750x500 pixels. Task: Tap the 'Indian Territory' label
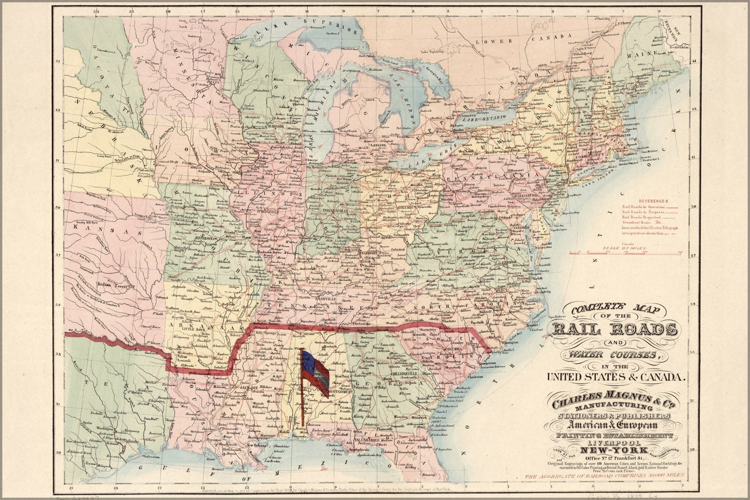tap(116, 283)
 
